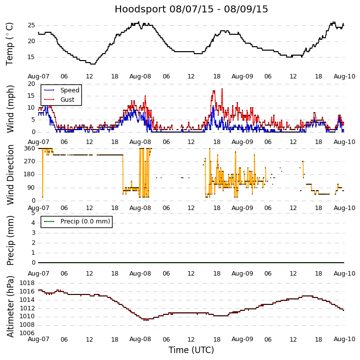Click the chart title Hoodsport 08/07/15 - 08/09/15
tap(191, 9)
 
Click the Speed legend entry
tap(69, 90)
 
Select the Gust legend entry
tap(67, 99)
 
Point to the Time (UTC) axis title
tap(191, 350)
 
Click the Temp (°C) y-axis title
tap(10, 44)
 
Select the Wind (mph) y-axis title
tap(10, 108)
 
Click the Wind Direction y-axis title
tap(10, 174)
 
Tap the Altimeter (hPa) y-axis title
tap(10, 306)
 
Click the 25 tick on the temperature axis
tap(31, 25)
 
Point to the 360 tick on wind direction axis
tap(29, 148)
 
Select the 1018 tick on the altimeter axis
tap(27, 283)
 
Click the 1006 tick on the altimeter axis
tap(27, 333)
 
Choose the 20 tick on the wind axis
tap(31, 84)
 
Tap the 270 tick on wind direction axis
tap(29, 161)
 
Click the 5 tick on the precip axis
tap(33, 213)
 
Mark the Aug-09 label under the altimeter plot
tap(242, 339)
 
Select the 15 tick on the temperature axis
tap(31, 57)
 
